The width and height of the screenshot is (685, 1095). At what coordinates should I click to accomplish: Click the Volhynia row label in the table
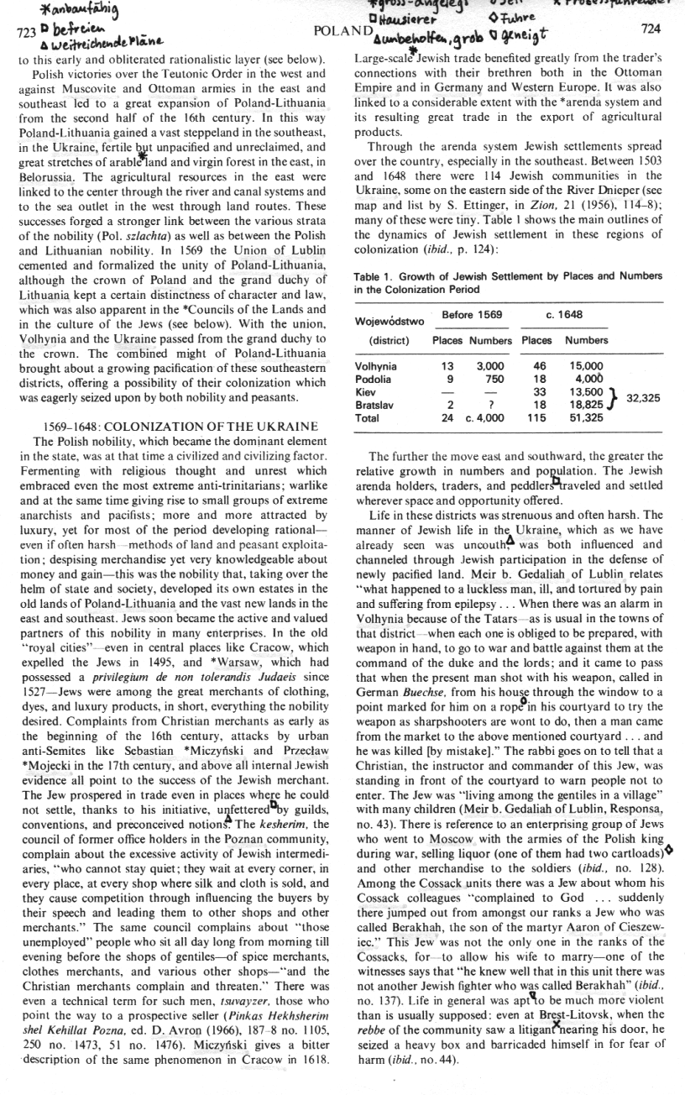(378, 366)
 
